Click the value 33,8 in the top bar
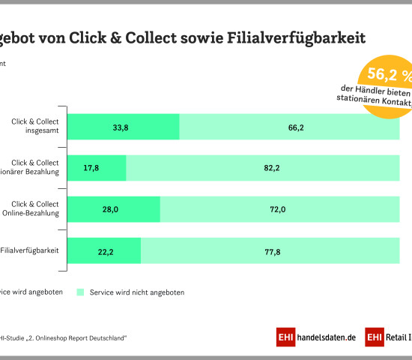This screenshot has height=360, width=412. pyautogui.click(x=120, y=127)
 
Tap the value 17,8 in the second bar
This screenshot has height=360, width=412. pyautogui.click(x=92, y=168)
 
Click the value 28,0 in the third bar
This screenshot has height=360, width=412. pyautogui.click(x=110, y=209)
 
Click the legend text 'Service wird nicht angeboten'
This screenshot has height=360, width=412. pyautogui.click(x=136, y=292)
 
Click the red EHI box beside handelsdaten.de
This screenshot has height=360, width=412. pyautogui.click(x=286, y=338)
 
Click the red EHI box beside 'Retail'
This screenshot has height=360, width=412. pyautogui.click(x=375, y=338)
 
